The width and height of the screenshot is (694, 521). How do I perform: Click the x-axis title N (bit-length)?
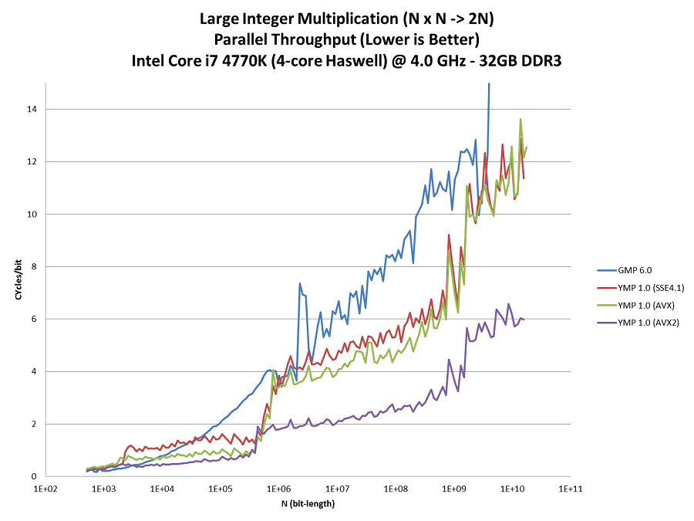tap(307, 504)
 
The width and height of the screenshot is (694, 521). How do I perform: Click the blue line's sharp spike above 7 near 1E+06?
tap(299, 284)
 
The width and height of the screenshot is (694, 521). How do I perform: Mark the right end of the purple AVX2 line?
tap(524, 319)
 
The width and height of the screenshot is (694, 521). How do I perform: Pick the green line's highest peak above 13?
tap(520, 120)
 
